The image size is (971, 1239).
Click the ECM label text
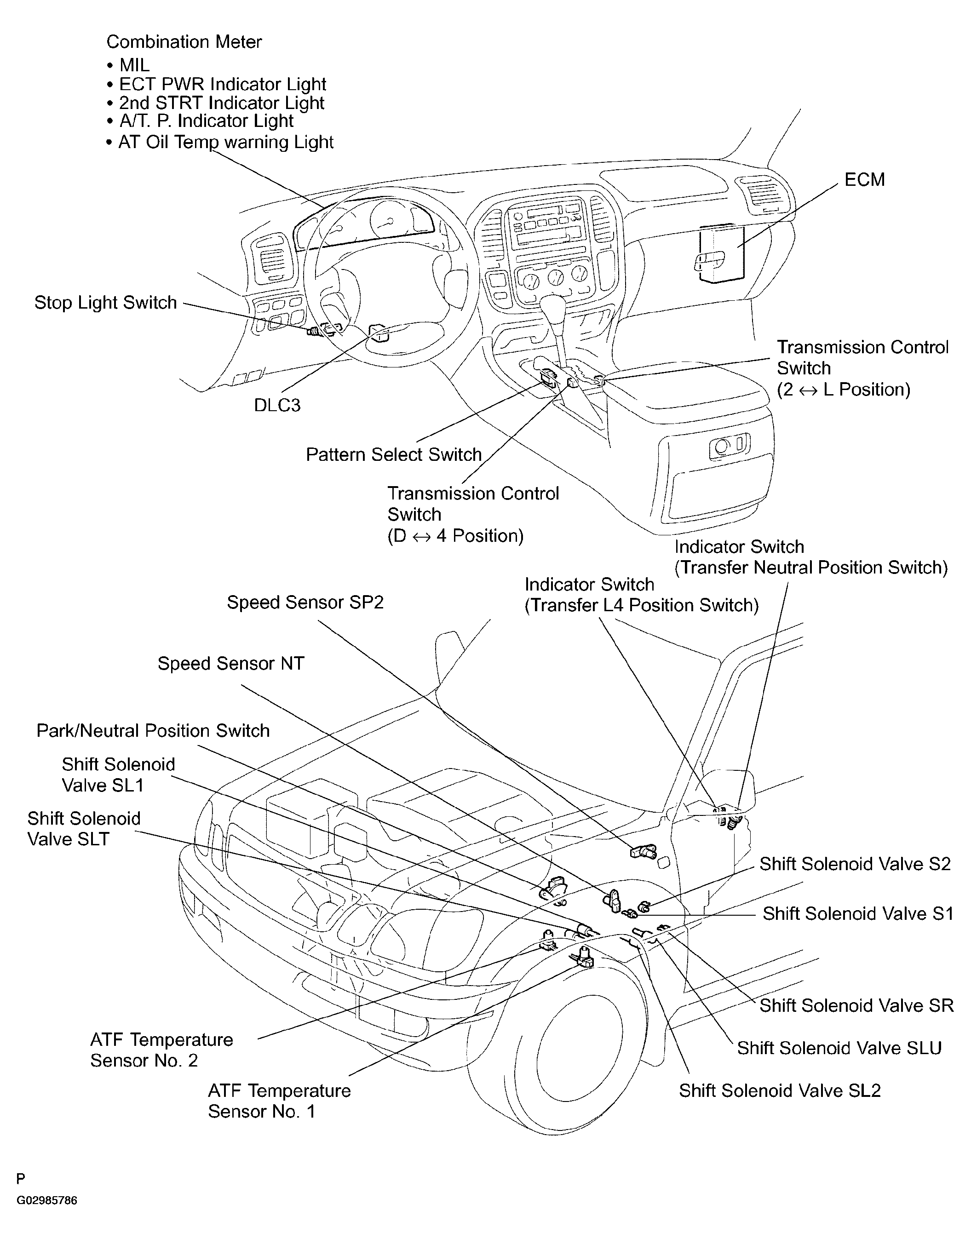(x=864, y=180)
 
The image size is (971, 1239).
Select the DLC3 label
(x=277, y=405)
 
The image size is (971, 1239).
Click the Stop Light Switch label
(x=106, y=302)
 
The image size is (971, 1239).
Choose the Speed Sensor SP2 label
(x=305, y=602)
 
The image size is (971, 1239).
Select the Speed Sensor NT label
(x=231, y=664)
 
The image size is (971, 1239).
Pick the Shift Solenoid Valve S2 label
(x=855, y=864)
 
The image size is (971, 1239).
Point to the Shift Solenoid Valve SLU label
(x=839, y=1048)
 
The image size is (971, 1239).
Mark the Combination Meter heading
(x=184, y=42)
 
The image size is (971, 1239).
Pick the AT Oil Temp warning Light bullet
(x=219, y=142)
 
